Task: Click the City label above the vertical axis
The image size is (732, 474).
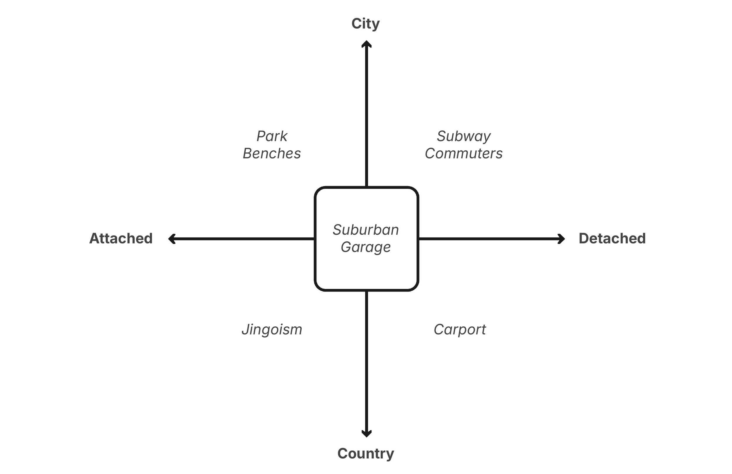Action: click(x=365, y=24)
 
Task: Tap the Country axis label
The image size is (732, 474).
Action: click(x=365, y=453)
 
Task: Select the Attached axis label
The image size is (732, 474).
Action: click(x=121, y=238)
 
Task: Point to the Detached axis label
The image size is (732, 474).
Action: click(x=612, y=238)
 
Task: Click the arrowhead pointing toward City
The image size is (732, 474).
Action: click(x=366, y=44)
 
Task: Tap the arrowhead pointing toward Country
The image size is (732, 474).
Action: click(x=366, y=434)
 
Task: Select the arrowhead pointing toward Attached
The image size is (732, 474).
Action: click(x=172, y=238)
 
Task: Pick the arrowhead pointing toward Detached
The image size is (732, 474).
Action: click(x=562, y=238)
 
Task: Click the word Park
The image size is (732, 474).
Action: click(x=272, y=136)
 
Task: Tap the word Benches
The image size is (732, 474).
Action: click(x=272, y=153)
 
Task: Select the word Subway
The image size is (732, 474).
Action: click(x=464, y=136)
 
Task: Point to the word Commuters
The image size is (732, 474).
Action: click(x=464, y=153)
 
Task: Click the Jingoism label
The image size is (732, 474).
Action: click(x=272, y=330)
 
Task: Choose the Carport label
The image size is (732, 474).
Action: click(x=460, y=330)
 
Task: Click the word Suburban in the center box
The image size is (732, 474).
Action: click(x=366, y=230)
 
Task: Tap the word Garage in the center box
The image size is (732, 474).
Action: click(x=366, y=247)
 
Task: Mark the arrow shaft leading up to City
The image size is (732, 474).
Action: click(x=366, y=117)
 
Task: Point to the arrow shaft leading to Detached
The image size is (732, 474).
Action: click(x=489, y=238)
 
